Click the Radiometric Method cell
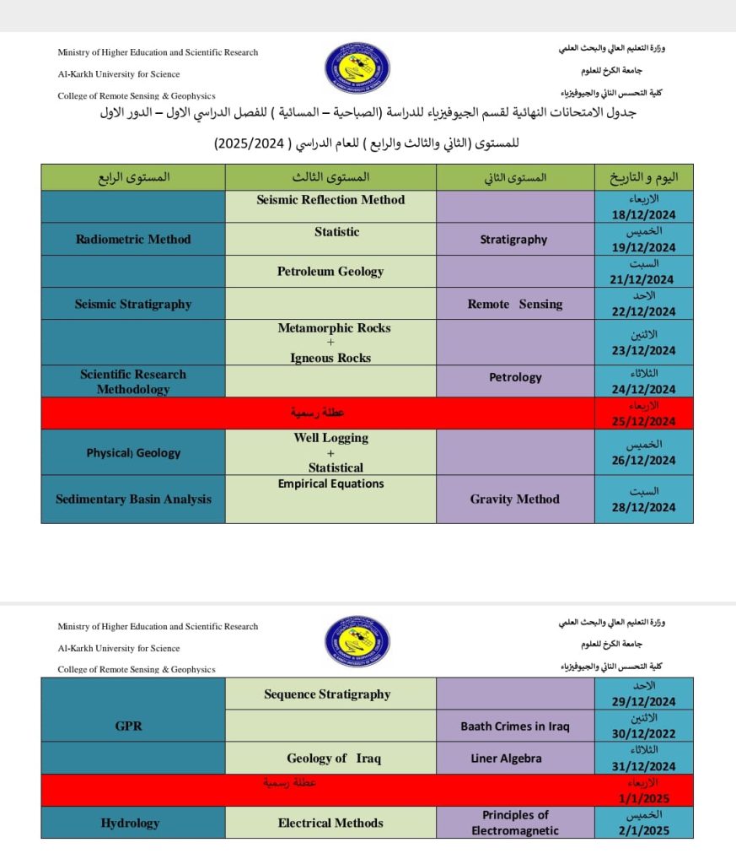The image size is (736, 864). click(x=133, y=239)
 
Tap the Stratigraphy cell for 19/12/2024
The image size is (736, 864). click(x=513, y=240)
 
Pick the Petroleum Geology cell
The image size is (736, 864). click(x=330, y=272)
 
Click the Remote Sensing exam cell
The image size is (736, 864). click(x=514, y=304)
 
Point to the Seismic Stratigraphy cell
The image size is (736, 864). click(x=133, y=304)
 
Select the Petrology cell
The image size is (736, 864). click(x=515, y=377)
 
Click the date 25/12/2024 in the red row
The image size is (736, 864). click(x=643, y=421)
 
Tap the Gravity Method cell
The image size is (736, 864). click(x=514, y=499)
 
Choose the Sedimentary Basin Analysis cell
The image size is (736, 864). click(x=133, y=499)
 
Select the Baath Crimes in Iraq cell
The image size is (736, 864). click(x=515, y=726)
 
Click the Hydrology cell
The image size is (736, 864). click(x=130, y=823)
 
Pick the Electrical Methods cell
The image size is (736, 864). click(x=330, y=823)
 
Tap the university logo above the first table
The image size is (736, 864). click(x=357, y=69)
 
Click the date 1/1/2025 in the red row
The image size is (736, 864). click(x=643, y=798)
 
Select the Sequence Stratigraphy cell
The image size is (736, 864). click(x=327, y=694)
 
